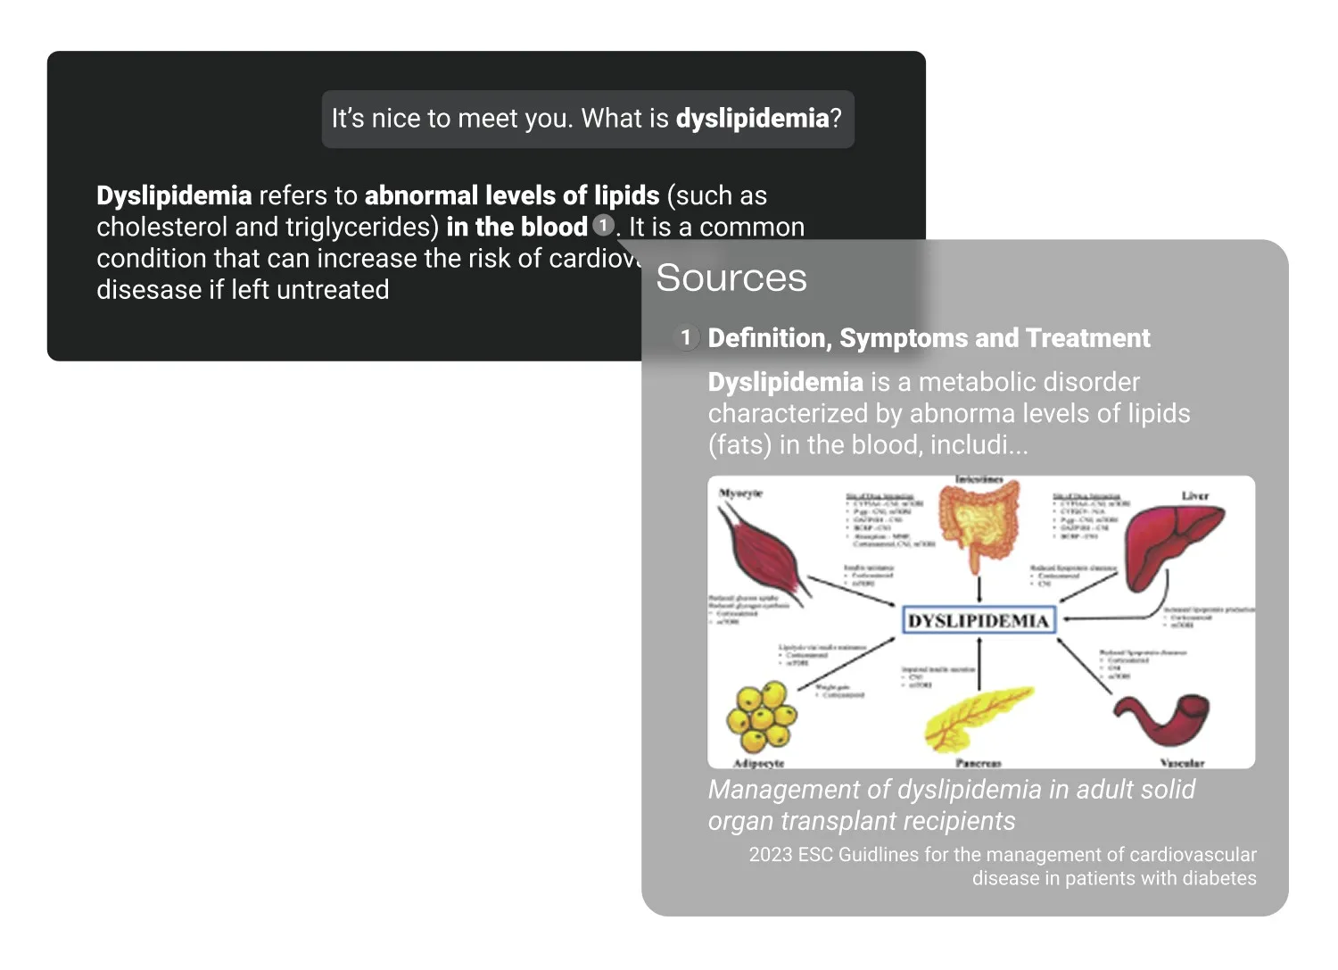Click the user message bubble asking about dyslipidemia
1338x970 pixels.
coord(587,119)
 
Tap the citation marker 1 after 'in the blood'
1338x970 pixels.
coord(603,225)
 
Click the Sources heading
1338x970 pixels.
coord(731,278)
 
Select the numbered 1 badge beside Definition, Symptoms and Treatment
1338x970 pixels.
coord(685,337)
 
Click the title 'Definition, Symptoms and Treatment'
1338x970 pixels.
coord(929,338)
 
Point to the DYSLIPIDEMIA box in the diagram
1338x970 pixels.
coord(979,620)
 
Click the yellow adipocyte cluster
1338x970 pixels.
coord(760,716)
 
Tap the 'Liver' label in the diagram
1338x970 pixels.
coord(1194,495)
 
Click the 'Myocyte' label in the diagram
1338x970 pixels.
coord(740,493)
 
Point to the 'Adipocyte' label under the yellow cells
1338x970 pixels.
coord(758,763)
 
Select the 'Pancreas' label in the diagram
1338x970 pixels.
coord(978,763)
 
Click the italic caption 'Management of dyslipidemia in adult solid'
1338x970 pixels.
coord(951,790)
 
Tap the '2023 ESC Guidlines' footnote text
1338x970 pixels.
coord(1002,855)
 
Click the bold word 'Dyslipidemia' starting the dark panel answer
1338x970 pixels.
coord(174,195)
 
